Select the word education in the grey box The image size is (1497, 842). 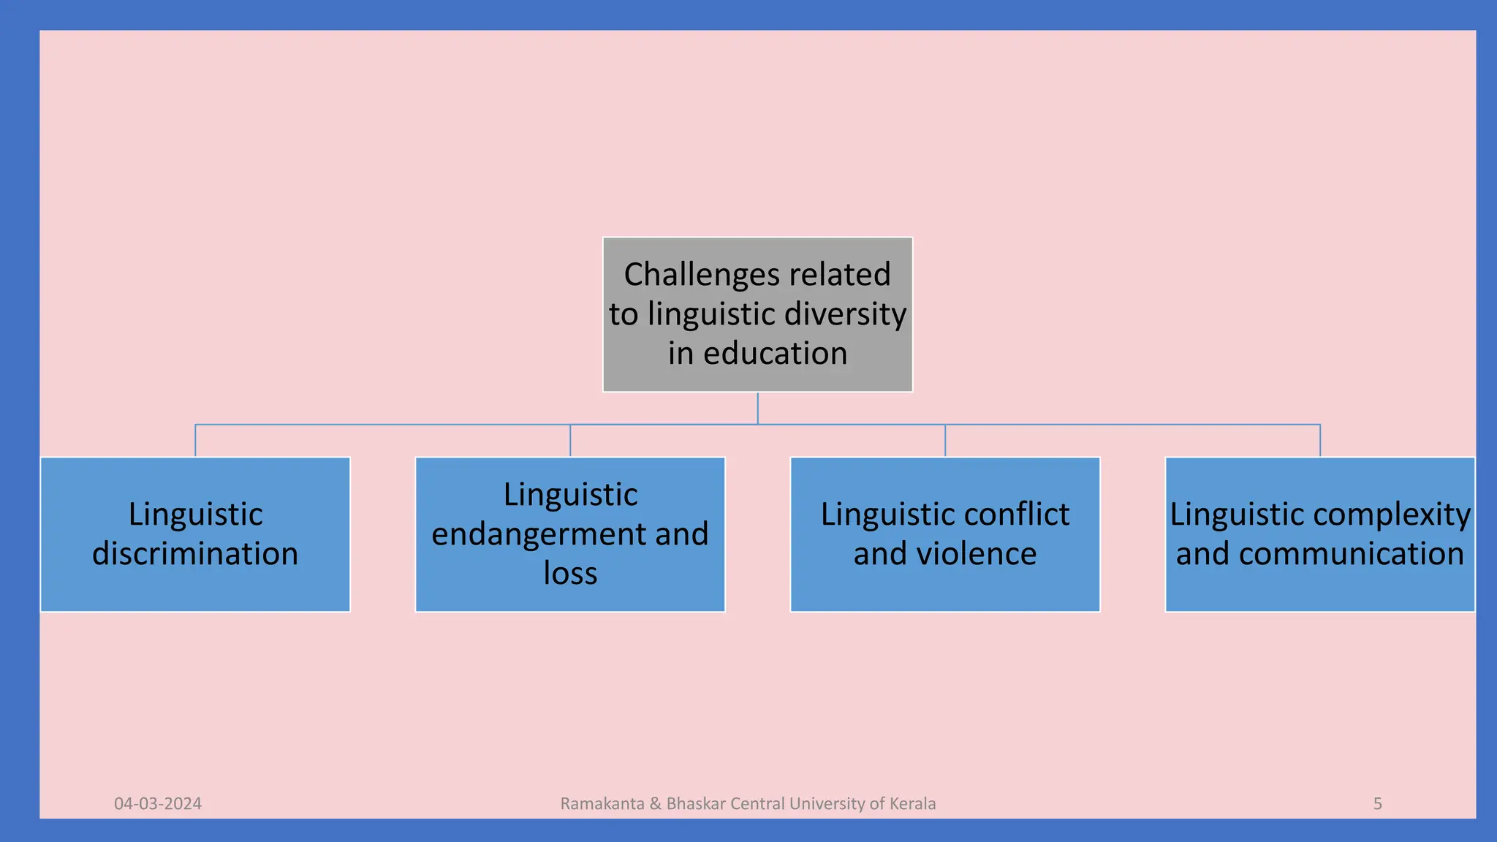(x=775, y=354)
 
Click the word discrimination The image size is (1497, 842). (x=195, y=554)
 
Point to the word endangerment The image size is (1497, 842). (x=538, y=534)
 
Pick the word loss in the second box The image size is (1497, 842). (x=570, y=574)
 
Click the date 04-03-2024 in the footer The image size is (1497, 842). (x=158, y=804)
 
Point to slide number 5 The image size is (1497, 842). (x=1378, y=804)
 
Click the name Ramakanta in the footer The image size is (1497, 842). (x=602, y=804)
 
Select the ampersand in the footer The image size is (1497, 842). (x=655, y=804)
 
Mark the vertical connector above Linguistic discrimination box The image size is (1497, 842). (x=195, y=440)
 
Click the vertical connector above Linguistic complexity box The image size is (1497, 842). (x=1320, y=440)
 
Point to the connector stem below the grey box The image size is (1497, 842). (x=757, y=408)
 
